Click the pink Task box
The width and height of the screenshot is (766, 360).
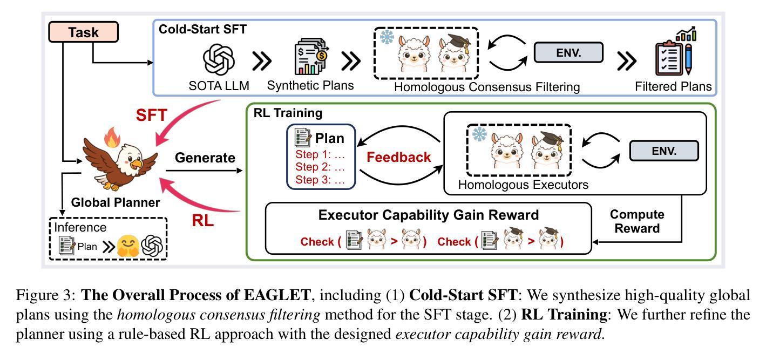click(x=83, y=32)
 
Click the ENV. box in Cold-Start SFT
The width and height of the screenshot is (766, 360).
click(x=568, y=52)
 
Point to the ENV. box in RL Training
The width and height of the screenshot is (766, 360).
click(x=664, y=151)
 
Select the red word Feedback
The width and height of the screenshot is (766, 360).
click(x=399, y=157)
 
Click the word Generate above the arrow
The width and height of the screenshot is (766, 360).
click(x=205, y=158)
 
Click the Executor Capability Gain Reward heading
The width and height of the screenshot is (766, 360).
click(x=428, y=215)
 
